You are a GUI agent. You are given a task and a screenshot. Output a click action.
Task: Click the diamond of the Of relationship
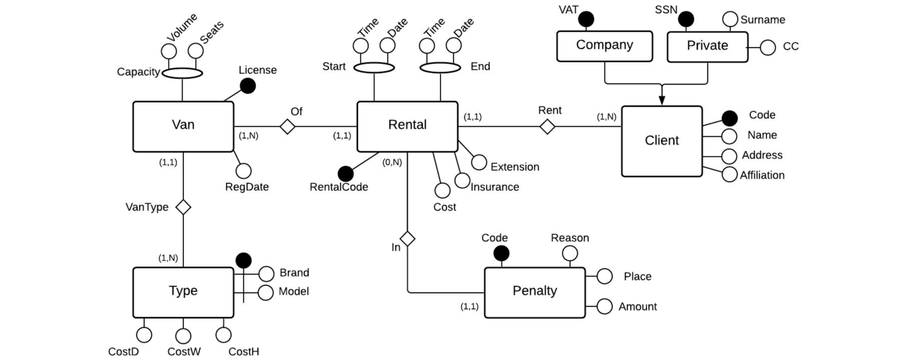288,126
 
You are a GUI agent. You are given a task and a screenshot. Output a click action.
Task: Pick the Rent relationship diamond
547,126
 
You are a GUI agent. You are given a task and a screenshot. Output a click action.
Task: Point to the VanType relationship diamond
183,207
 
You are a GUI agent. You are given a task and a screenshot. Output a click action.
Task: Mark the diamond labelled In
408,239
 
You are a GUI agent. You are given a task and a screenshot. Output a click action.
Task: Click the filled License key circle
248,86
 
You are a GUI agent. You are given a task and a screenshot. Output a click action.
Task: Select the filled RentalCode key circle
345,174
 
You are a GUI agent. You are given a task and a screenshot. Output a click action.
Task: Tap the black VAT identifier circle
586,19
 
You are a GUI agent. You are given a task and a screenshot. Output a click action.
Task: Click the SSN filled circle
686,19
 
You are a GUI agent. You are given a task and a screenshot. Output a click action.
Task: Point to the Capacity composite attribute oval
182,73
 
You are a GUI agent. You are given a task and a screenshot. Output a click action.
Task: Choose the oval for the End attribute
440,68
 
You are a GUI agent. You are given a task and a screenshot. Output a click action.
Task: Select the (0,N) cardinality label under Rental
392,163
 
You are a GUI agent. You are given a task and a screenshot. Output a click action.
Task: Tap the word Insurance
495,187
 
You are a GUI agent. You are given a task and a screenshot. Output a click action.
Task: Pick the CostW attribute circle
183,336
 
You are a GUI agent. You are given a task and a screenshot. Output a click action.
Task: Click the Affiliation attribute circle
729,174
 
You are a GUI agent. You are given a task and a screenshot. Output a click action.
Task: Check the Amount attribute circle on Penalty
604,306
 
